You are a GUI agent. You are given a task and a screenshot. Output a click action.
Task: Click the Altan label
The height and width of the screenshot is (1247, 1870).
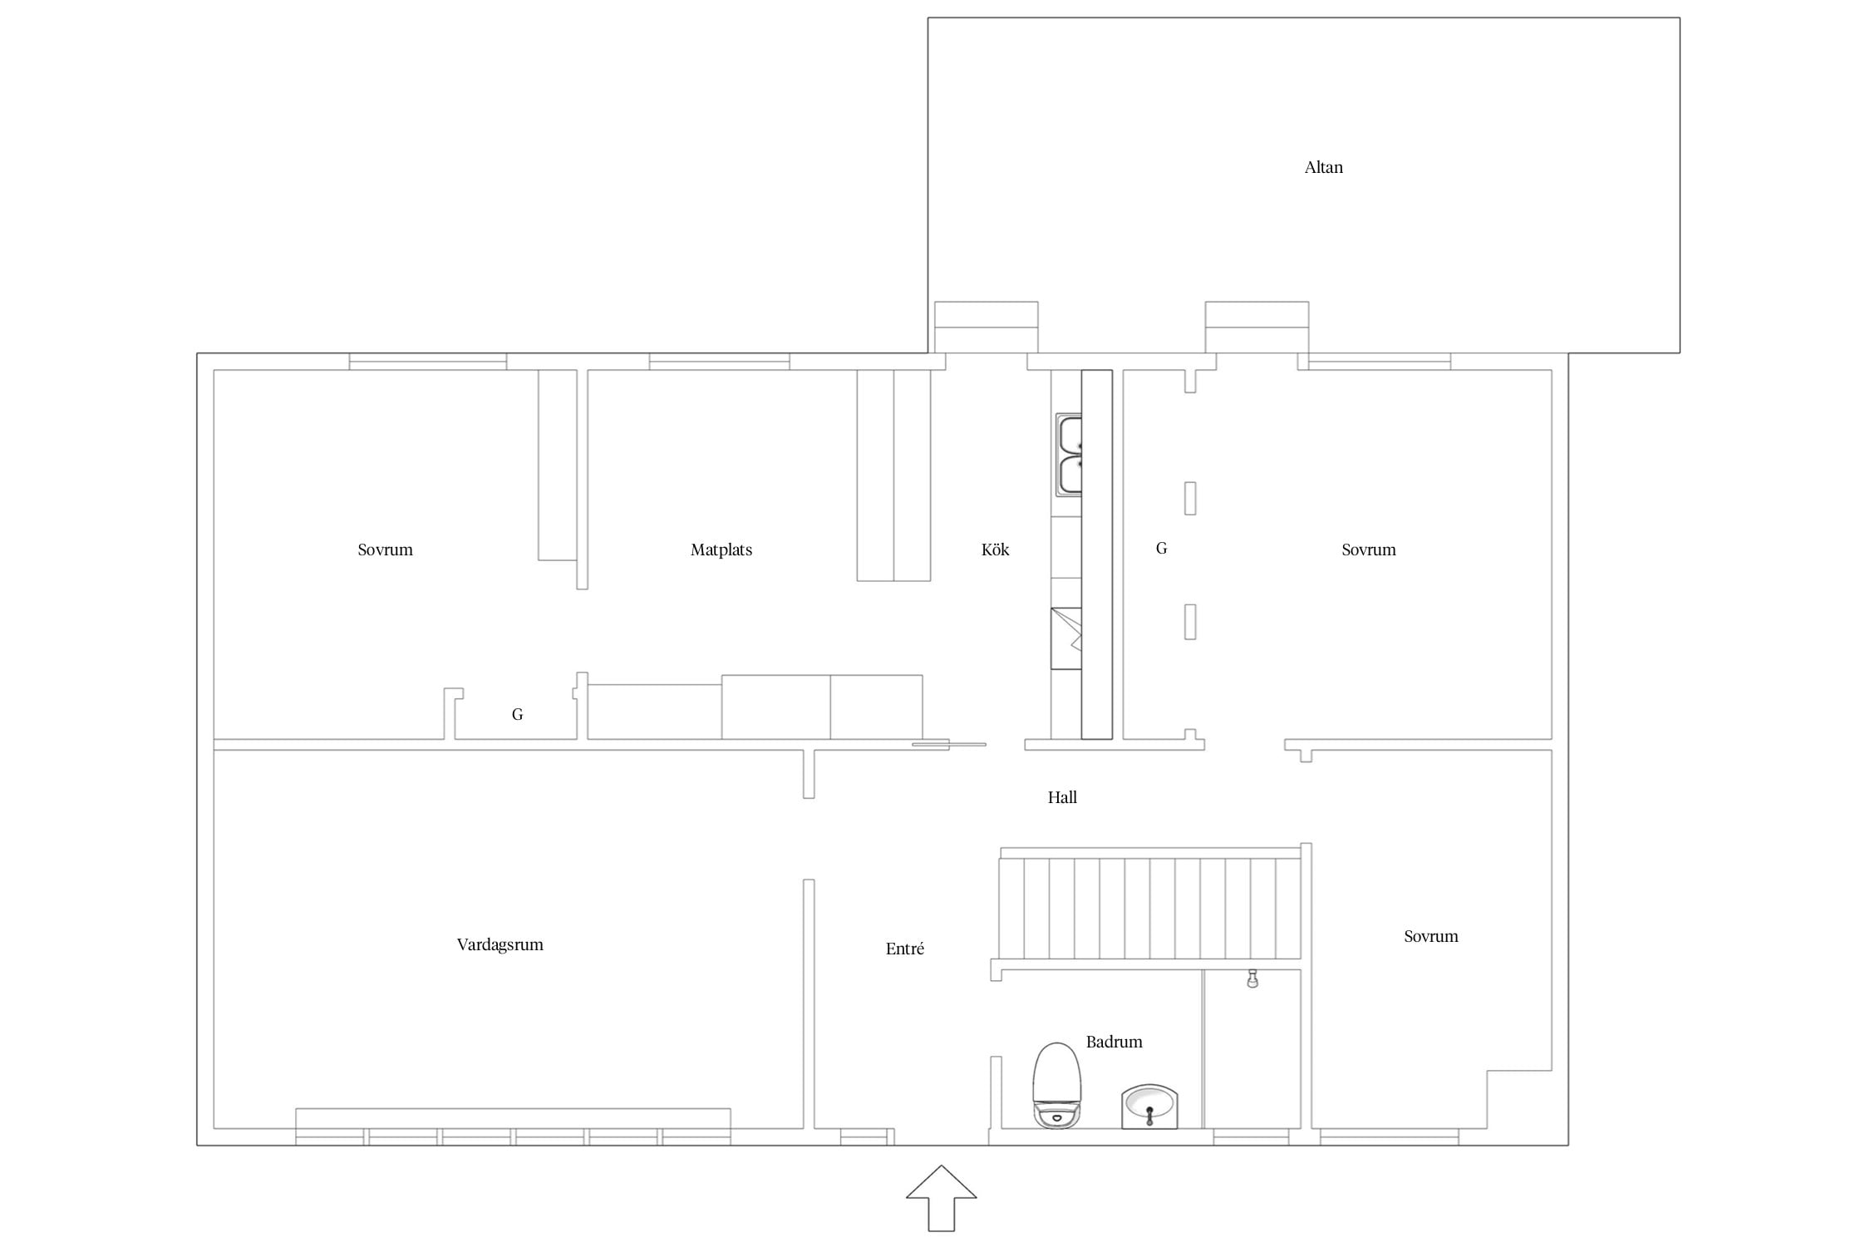pos(1323,167)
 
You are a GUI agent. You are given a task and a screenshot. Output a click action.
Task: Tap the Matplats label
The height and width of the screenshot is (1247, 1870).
pos(721,550)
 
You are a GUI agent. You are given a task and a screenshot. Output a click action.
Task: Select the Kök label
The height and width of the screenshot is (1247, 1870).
pos(995,550)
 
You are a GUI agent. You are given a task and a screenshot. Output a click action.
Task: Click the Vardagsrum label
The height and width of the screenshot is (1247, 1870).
pos(500,944)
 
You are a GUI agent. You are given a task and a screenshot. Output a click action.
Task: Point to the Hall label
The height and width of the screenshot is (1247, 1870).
pos(1062,797)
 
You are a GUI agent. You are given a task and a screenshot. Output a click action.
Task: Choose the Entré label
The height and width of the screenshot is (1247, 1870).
pos(905,949)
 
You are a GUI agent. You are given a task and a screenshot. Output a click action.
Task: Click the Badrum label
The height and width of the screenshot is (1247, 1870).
pos(1114,1042)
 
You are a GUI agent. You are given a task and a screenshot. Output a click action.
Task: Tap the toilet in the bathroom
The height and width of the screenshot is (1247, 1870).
pos(1056,1085)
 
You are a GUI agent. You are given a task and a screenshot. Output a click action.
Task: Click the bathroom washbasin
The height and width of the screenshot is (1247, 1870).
pos(1149,1107)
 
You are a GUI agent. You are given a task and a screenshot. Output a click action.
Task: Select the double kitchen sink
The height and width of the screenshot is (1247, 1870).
pos(1069,455)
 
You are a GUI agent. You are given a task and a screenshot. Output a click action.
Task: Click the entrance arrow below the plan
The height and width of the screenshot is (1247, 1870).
pos(941,1198)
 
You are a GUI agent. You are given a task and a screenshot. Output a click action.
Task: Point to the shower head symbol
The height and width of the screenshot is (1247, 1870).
pos(1252,978)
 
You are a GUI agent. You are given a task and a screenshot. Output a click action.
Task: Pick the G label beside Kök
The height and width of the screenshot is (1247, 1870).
pos(1162,549)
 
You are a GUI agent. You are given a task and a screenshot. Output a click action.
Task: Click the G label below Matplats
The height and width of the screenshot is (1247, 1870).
pos(517,714)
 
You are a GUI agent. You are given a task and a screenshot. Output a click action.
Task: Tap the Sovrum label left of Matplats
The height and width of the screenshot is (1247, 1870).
pos(385,550)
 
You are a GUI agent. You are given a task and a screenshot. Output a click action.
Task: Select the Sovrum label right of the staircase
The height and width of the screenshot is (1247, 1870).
pos(1431,936)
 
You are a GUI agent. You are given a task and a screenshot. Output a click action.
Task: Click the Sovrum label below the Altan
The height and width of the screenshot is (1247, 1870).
pos(1369,550)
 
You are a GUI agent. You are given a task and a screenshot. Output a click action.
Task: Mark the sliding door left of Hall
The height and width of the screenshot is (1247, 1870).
pos(949,744)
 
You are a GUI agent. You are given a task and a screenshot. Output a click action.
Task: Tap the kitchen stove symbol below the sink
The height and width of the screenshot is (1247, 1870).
pos(1066,638)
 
